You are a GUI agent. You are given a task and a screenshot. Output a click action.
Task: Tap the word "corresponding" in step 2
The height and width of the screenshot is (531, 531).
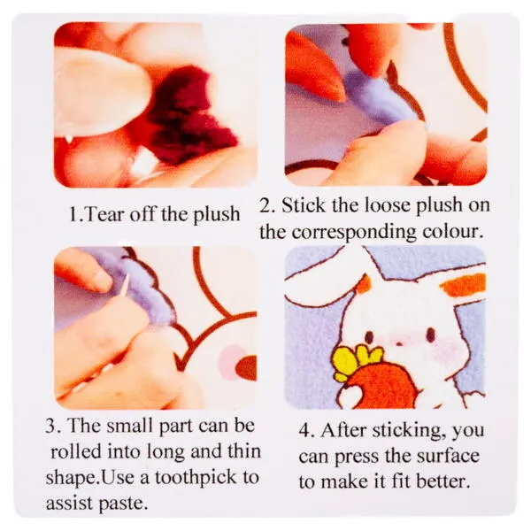click(x=353, y=233)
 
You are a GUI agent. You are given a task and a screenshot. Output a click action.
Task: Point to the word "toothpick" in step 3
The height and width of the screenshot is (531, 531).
click(x=197, y=478)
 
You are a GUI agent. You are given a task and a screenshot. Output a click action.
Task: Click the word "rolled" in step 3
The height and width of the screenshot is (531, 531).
click(x=76, y=451)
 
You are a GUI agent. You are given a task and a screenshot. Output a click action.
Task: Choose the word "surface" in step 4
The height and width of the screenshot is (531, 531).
click(x=448, y=456)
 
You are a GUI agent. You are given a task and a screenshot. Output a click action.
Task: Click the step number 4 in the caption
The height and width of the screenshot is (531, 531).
click(x=304, y=431)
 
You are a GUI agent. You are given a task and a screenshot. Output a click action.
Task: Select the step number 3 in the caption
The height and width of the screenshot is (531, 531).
click(x=50, y=426)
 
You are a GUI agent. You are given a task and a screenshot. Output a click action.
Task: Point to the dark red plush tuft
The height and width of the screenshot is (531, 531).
click(x=189, y=115)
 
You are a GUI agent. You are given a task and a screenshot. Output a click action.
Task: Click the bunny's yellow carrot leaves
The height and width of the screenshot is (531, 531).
click(x=357, y=362)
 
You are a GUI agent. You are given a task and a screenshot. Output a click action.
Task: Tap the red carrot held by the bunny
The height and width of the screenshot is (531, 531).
click(x=380, y=385)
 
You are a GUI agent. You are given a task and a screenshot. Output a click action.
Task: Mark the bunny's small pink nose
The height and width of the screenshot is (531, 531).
click(x=400, y=344)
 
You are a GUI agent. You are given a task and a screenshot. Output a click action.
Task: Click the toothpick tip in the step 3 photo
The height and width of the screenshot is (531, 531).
click(x=128, y=275)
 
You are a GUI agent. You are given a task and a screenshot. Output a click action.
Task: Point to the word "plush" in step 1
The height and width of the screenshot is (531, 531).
click(x=216, y=215)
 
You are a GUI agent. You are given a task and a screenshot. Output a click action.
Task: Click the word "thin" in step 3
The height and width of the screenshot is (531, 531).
click(x=244, y=450)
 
